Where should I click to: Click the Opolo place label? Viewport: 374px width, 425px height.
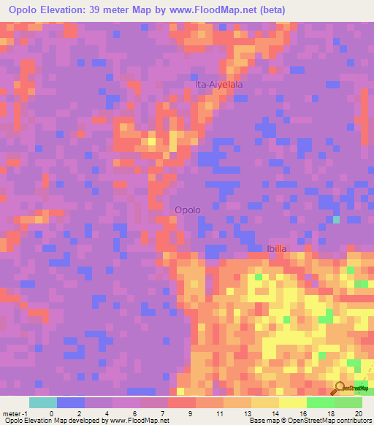[188, 210]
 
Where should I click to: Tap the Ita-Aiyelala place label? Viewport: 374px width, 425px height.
[219, 85]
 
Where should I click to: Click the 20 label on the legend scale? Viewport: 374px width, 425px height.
[357, 413]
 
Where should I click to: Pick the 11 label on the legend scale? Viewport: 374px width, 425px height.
[218, 413]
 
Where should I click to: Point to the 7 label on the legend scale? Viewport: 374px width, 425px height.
[163, 413]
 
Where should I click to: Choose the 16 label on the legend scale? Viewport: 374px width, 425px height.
[302, 413]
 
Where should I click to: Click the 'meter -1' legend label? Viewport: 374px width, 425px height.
[14, 413]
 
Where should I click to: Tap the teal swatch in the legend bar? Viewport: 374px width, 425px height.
[43, 402]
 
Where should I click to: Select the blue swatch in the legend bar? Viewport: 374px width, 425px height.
[71, 402]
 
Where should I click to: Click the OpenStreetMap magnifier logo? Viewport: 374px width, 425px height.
[340, 387]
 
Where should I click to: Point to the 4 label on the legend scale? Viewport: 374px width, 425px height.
[107, 413]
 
